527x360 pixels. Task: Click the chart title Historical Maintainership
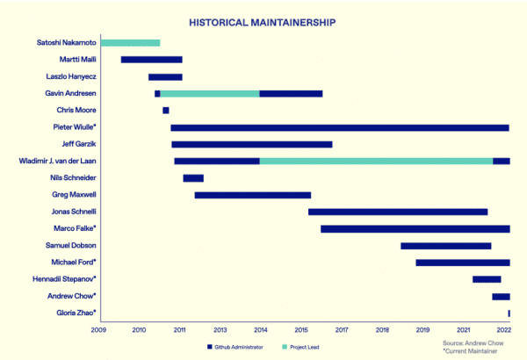pyautogui.click(x=263, y=20)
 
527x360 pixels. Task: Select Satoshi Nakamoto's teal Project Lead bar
pyautogui.click(x=130, y=43)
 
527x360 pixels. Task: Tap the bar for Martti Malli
pyautogui.click(x=151, y=60)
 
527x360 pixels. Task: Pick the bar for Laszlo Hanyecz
pyautogui.click(x=165, y=76)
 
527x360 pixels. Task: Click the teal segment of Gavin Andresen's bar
pyautogui.click(x=210, y=93)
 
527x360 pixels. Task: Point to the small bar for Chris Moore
pyautogui.click(x=165, y=111)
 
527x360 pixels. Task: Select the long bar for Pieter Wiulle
pyautogui.click(x=340, y=127)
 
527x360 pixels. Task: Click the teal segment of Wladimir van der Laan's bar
pyautogui.click(x=376, y=161)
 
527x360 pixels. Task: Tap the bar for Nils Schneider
pyautogui.click(x=193, y=178)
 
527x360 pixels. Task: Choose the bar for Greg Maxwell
pyautogui.click(x=253, y=195)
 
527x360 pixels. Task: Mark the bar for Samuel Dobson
pyautogui.click(x=445, y=246)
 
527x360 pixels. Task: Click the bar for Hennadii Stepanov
pyautogui.click(x=487, y=279)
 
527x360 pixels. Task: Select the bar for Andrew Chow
pyautogui.click(x=501, y=296)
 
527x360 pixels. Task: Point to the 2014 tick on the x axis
pyautogui.click(x=261, y=330)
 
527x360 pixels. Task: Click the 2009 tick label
pyautogui.click(x=98, y=330)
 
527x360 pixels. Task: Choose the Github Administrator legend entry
pyautogui.click(x=239, y=346)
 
